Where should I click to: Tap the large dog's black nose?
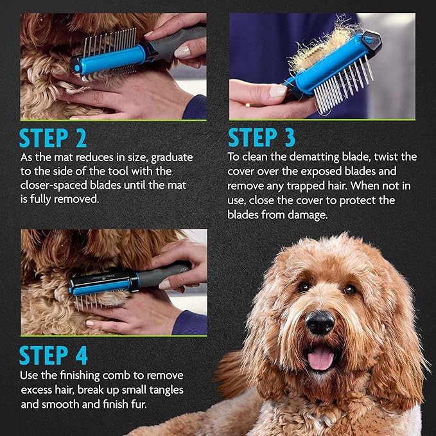click(x=320, y=322)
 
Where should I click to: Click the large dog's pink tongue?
click(x=320, y=358)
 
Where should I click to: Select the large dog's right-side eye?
click(x=350, y=290)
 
